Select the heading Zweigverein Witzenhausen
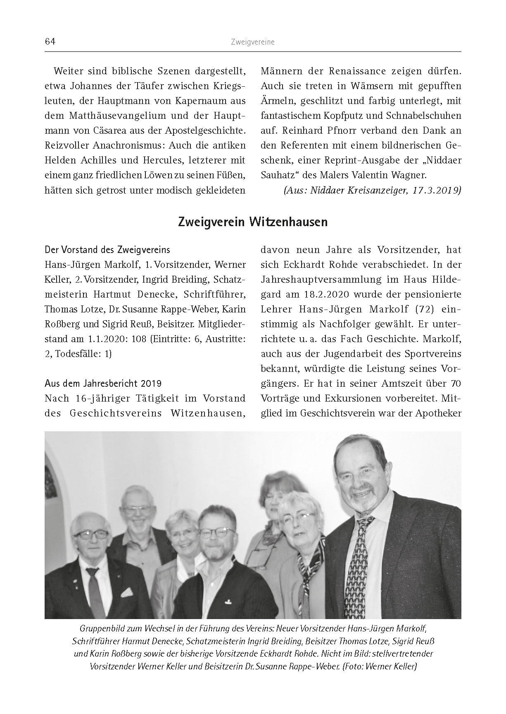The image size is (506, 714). point(252,222)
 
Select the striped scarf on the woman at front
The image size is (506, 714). point(310,565)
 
